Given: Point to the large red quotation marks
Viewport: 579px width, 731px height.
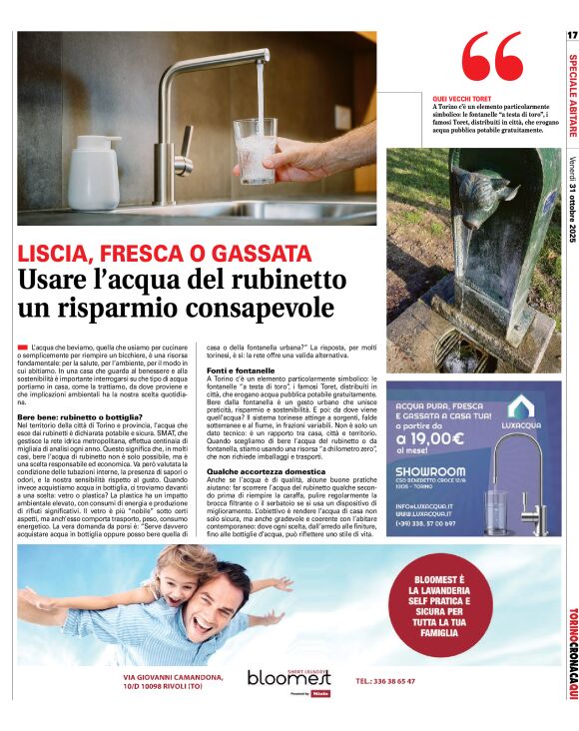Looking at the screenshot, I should pyautogui.click(x=492, y=58).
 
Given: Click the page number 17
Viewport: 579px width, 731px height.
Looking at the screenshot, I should pyautogui.click(x=572, y=35).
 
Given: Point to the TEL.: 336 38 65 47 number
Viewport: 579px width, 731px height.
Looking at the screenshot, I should pyautogui.click(x=384, y=681).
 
